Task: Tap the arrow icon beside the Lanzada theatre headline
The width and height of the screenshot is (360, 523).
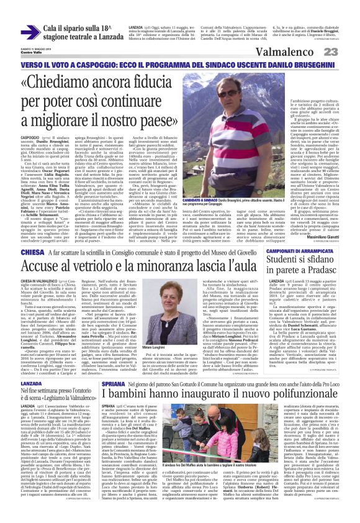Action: [x=29, y=32]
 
